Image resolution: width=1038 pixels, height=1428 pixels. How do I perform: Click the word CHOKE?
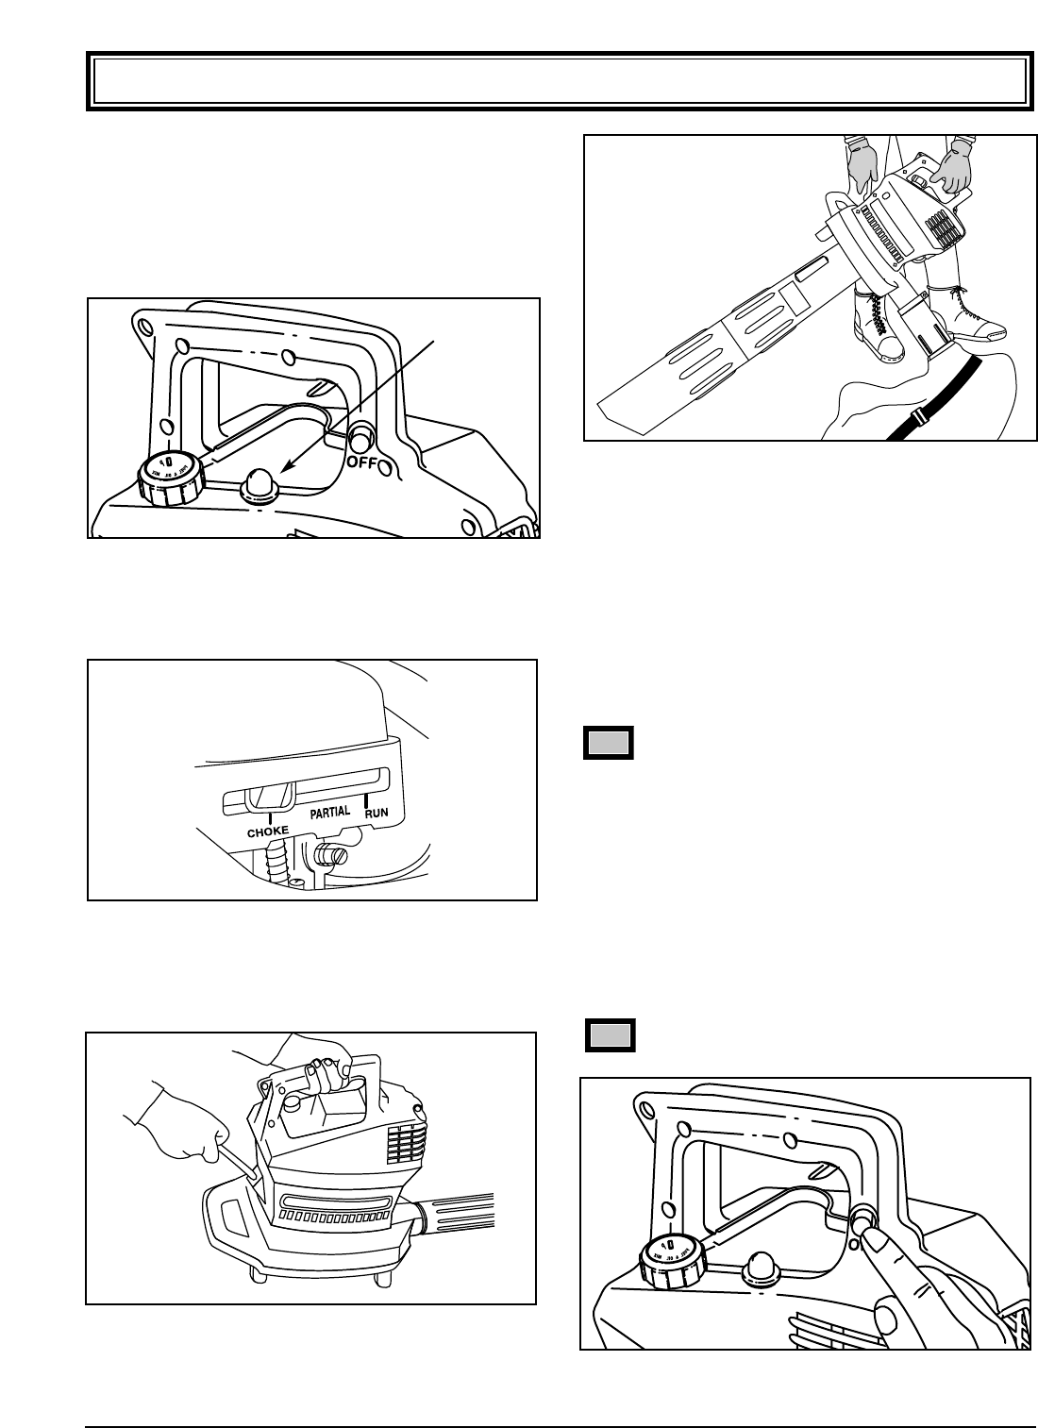[268, 832]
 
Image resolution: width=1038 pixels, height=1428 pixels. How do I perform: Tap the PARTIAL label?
[329, 812]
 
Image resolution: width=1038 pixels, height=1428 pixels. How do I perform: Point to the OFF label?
[364, 462]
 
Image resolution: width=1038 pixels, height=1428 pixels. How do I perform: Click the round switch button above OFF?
[360, 438]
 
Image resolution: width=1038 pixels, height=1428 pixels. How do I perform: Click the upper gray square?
[608, 743]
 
